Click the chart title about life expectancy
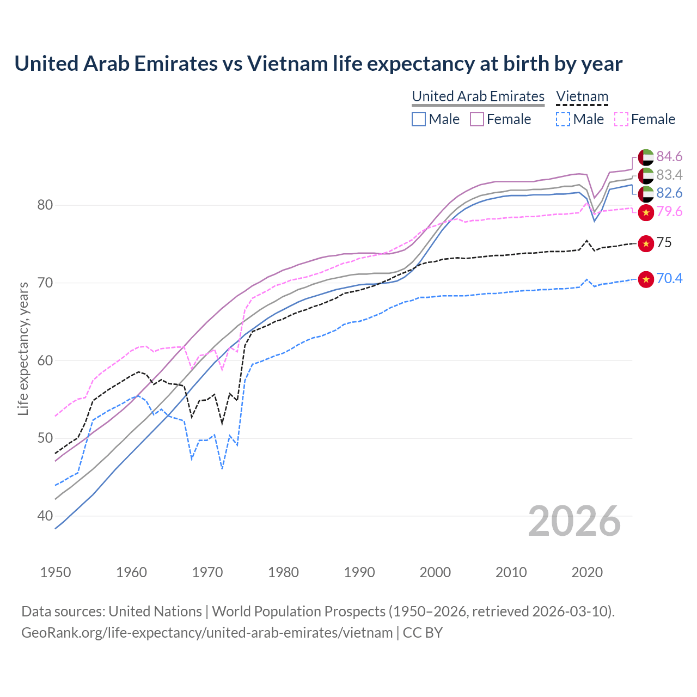point(318,64)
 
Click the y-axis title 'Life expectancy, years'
point(23,348)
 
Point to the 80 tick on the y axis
point(45,205)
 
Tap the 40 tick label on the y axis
point(45,516)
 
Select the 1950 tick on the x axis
point(56,572)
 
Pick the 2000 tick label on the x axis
point(435,572)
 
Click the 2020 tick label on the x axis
point(587,572)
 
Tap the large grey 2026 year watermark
point(574,521)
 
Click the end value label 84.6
point(669,157)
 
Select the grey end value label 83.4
point(669,175)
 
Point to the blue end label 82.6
point(669,193)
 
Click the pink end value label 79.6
point(669,212)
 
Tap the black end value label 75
point(664,243)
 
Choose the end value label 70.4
point(669,279)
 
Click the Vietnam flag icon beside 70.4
point(646,279)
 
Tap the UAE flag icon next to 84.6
point(646,157)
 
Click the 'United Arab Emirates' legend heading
point(478,96)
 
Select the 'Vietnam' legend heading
point(582,96)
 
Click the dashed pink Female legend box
point(621,119)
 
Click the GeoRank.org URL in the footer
point(207,633)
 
